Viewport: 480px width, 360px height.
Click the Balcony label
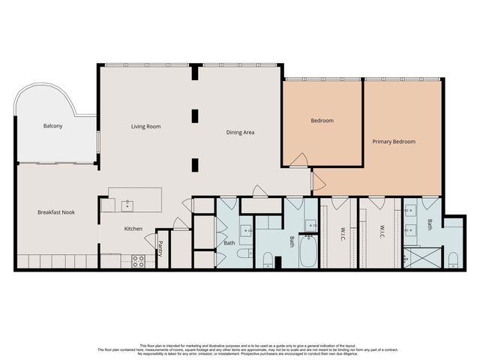(52, 126)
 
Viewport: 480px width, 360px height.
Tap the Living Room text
(146, 127)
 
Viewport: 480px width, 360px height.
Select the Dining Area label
(241, 133)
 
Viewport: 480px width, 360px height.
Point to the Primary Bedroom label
(394, 141)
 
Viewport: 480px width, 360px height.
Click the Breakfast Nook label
(56, 212)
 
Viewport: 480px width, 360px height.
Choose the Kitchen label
(133, 229)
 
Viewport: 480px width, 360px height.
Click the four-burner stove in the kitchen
(139, 261)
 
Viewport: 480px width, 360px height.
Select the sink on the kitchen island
(127, 204)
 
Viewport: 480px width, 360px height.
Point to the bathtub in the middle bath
(308, 253)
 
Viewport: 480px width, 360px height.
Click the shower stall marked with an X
(414, 258)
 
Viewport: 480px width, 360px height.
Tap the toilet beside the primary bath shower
(453, 259)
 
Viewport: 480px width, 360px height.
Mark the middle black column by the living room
(195, 115)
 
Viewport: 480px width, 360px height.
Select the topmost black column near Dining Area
(195, 73)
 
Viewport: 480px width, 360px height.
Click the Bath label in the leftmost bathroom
(229, 243)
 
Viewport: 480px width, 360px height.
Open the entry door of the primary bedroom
(317, 181)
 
